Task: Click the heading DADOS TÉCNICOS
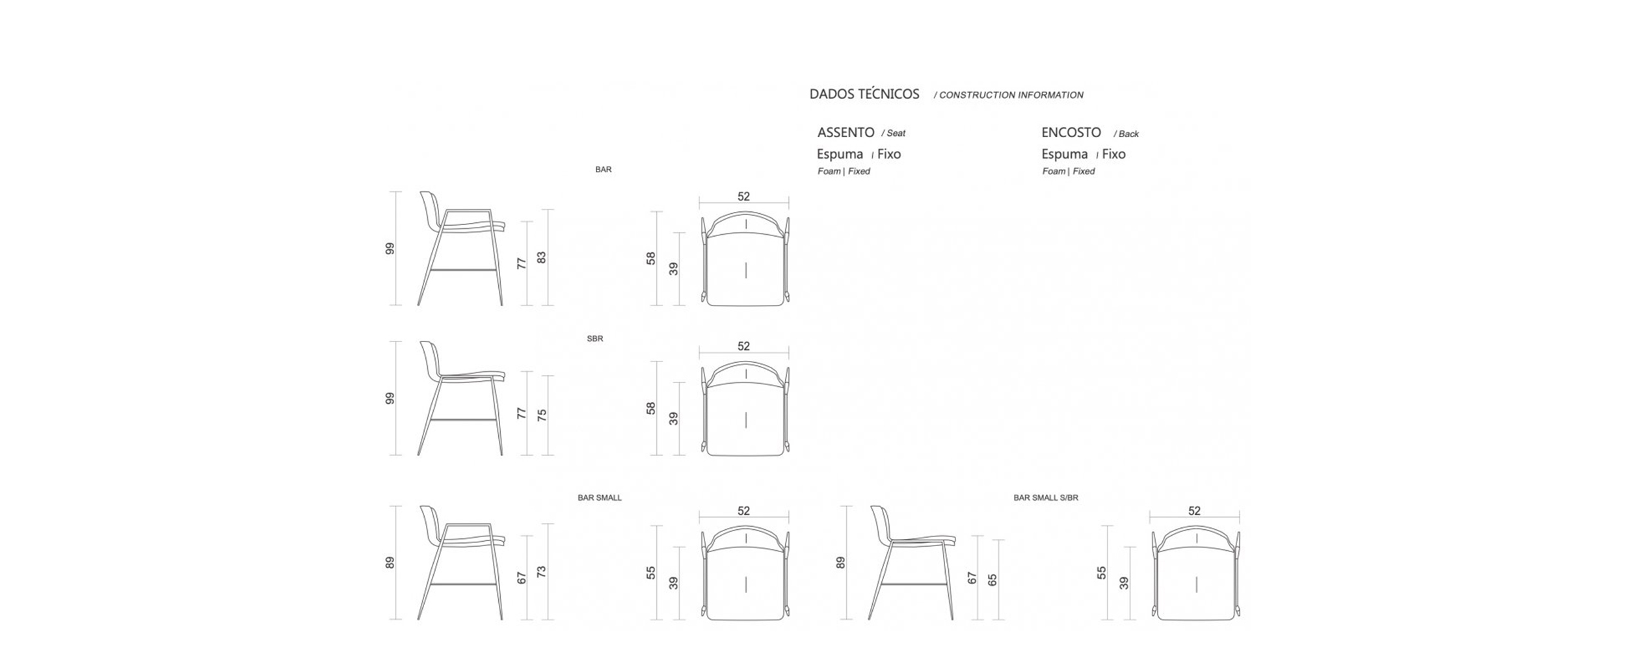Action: pos(864,94)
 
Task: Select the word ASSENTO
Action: pos(846,133)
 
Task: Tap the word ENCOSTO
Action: pos(1071,133)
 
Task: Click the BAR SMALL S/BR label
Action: pos(1046,498)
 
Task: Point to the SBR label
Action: pos(595,339)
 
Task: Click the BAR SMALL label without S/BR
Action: pos(600,498)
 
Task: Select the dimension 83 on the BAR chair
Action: pos(542,257)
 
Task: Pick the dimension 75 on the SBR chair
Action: pos(542,415)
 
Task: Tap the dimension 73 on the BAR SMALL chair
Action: pos(542,572)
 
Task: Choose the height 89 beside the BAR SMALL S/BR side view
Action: pos(840,562)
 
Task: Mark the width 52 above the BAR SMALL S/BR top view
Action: pos(1194,511)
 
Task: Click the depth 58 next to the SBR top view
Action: pos(651,408)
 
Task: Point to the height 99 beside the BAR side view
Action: pos(390,248)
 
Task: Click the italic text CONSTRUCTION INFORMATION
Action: pos(1011,95)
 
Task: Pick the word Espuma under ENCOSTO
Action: pos(1065,155)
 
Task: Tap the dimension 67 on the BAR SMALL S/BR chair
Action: pos(972,578)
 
